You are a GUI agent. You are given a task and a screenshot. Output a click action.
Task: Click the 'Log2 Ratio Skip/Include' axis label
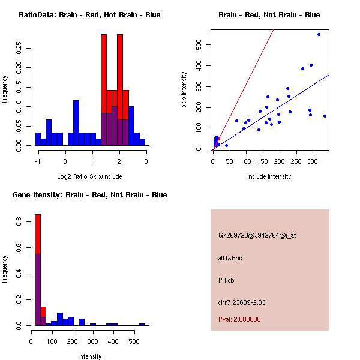89,176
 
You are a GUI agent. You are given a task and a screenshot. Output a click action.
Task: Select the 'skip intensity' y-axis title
184,90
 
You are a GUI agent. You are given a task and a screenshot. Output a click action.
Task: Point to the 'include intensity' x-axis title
269,176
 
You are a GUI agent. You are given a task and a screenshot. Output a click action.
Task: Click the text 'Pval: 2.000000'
239,319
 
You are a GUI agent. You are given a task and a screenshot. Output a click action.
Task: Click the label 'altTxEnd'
230,258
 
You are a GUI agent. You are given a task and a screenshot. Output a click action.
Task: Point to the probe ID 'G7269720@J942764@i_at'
257,235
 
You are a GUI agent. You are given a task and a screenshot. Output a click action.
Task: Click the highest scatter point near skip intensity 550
319,34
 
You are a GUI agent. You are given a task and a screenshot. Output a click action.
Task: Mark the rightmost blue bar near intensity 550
142,324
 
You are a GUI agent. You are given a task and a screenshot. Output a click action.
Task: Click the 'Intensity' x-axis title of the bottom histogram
89,356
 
